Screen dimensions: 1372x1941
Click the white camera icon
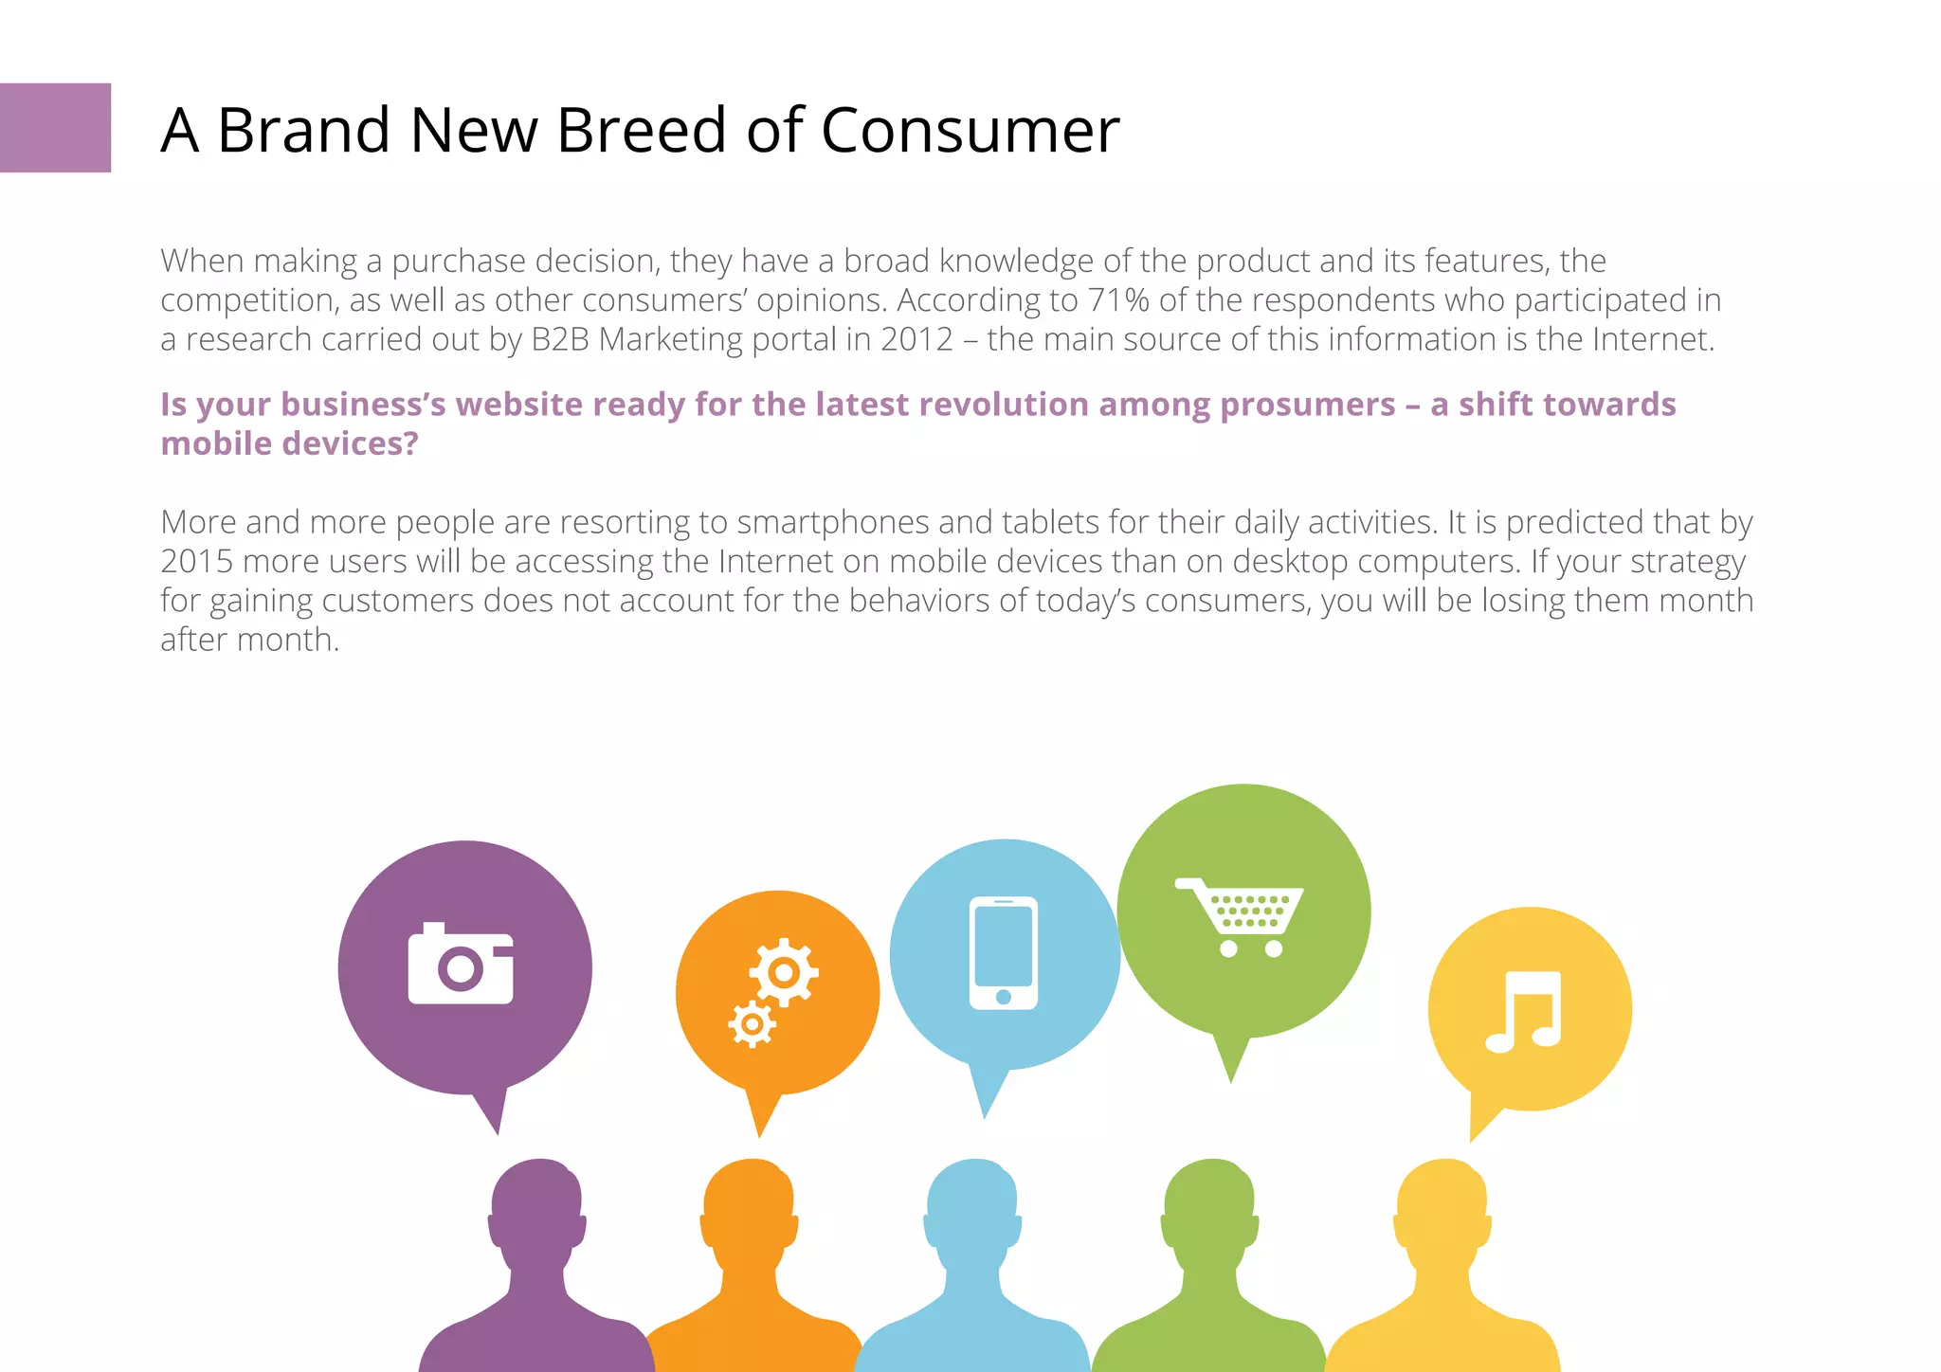point(461,965)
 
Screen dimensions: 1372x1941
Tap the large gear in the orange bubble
point(784,972)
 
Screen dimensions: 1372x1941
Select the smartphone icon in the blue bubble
point(1004,953)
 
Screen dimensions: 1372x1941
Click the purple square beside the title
point(55,128)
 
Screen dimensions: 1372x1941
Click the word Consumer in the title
point(970,130)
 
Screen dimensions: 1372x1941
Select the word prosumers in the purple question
point(1307,405)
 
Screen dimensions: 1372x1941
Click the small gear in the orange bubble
point(753,1024)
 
